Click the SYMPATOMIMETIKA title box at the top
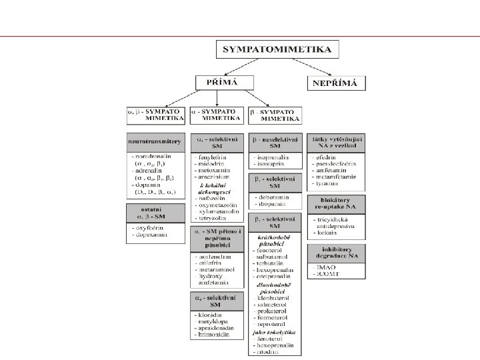click(x=277, y=50)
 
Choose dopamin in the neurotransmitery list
click(x=146, y=186)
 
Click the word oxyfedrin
click(x=147, y=227)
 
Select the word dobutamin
click(x=271, y=198)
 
